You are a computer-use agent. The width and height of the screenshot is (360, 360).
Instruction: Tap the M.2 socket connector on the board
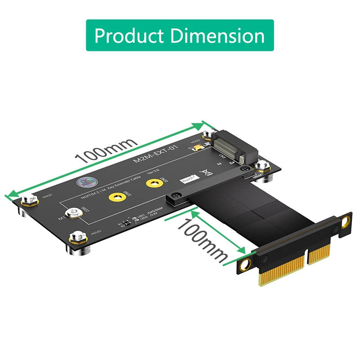pos(229,146)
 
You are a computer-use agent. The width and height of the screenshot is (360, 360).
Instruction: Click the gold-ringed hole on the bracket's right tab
pos(345,221)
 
